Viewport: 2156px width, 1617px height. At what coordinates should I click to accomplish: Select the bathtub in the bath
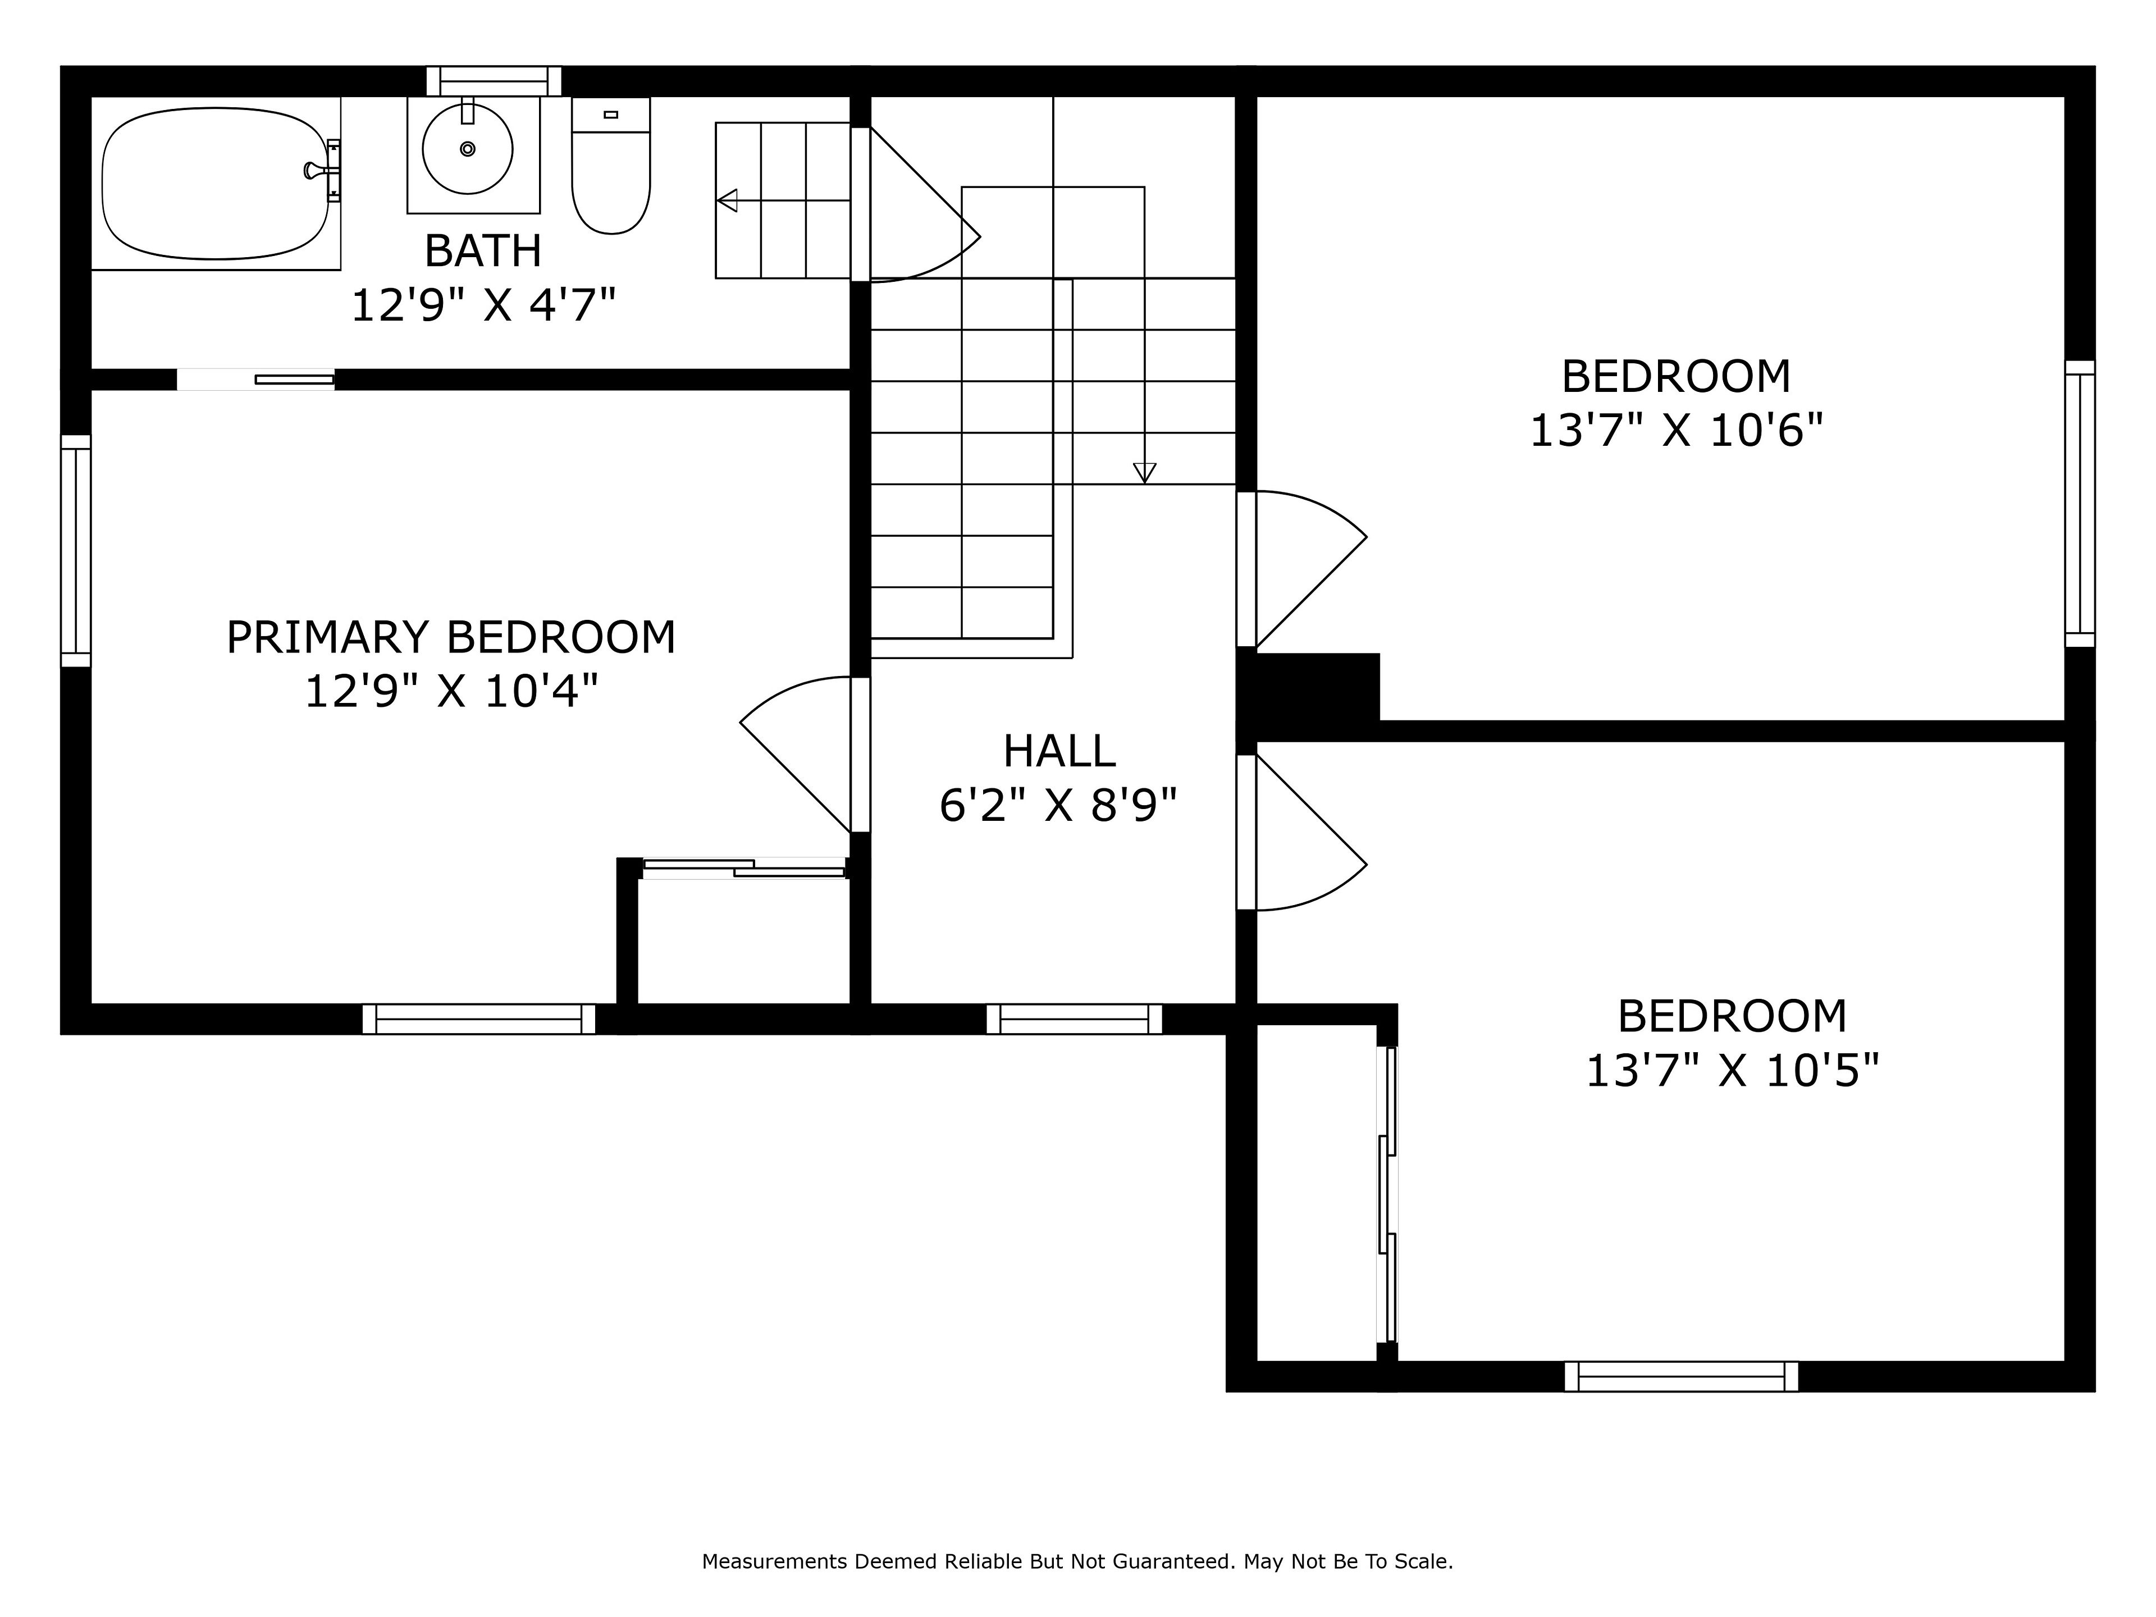(x=216, y=183)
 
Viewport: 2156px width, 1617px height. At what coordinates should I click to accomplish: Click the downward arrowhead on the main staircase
(x=1144, y=473)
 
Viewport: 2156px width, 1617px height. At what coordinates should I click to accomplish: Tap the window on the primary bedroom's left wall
(x=76, y=551)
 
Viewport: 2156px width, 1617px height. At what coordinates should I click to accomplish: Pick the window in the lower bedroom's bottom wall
(x=1682, y=1376)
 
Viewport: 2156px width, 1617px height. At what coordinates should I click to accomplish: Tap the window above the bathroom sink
(x=494, y=81)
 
